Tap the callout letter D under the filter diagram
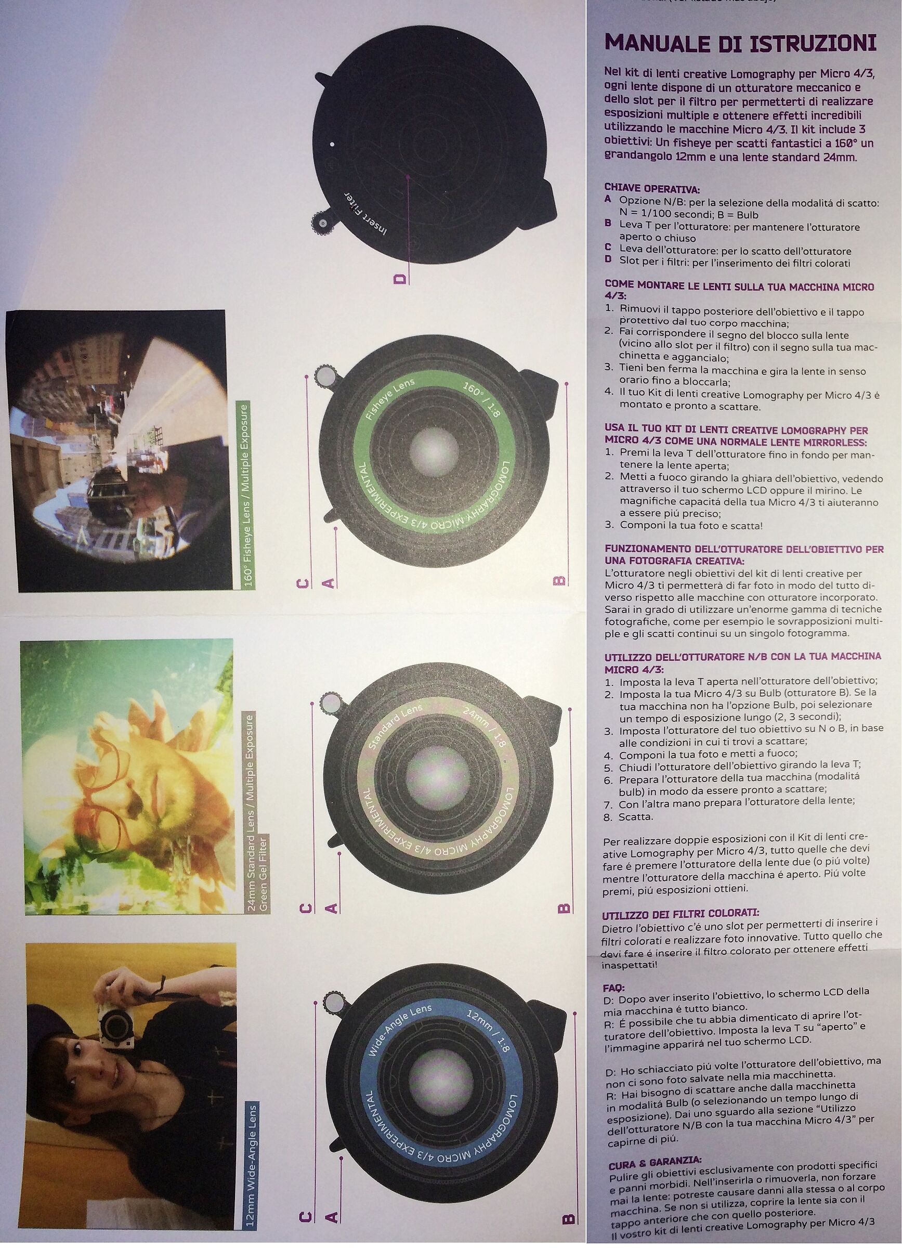tap(400, 278)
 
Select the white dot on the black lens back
tap(332, 144)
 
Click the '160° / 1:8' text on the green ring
tap(481, 399)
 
